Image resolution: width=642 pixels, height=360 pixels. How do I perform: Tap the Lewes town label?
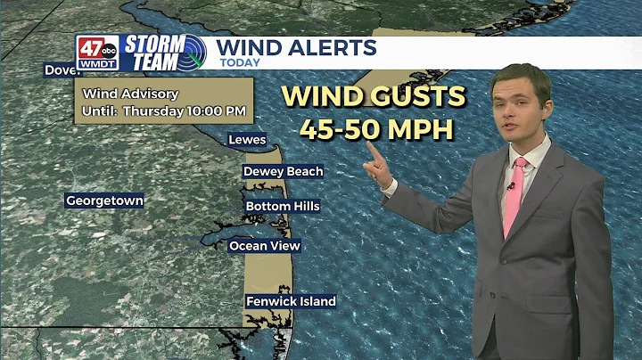pyautogui.click(x=247, y=140)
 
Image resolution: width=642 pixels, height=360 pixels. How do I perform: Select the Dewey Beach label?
pyautogui.click(x=283, y=171)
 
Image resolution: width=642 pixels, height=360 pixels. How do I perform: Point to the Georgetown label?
pyautogui.click(x=104, y=200)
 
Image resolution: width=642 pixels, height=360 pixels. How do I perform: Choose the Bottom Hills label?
pyautogui.click(x=282, y=206)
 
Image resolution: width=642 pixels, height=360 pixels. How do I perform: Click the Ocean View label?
pyautogui.click(x=265, y=245)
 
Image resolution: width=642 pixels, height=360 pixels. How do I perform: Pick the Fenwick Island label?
pyautogui.click(x=291, y=301)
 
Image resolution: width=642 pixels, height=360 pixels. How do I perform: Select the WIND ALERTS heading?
pyautogui.click(x=296, y=47)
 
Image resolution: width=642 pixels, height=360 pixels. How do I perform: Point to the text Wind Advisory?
pyautogui.click(x=130, y=94)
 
